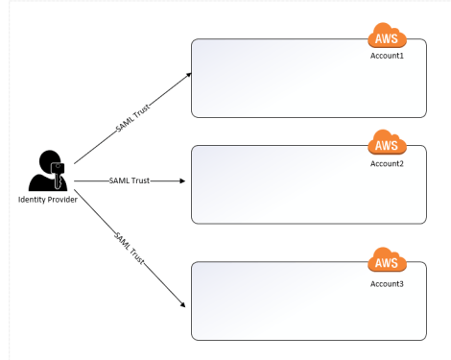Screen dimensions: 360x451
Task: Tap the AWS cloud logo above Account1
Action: pos(387,39)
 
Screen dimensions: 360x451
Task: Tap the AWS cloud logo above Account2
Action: pos(387,146)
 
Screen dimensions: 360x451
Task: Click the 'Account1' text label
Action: pos(388,56)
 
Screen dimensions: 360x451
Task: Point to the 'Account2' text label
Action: pos(388,163)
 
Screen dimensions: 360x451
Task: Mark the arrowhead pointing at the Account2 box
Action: pos(181,180)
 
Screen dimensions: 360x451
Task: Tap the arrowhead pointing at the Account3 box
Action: pos(182,305)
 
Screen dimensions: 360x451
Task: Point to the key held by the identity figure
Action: pos(59,174)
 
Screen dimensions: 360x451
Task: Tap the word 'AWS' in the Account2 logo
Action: pos(387,147)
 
